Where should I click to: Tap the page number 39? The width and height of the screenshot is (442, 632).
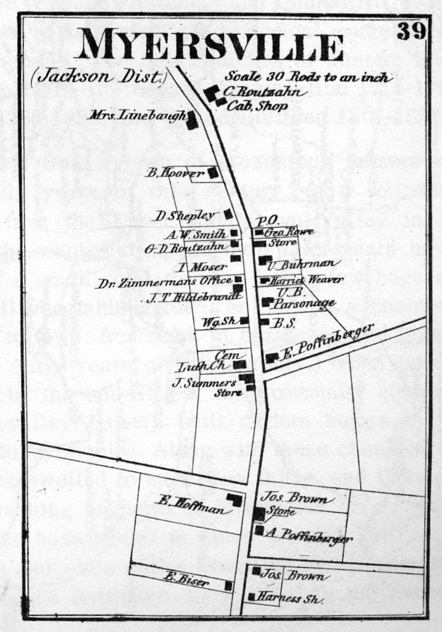(411, 31)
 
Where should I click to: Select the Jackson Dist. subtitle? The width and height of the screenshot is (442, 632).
(98, 77)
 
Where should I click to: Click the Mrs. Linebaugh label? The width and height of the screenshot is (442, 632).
(136, 115)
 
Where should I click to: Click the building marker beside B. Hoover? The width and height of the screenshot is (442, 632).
(213, 173)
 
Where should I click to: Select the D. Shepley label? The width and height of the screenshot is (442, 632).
(185, 215)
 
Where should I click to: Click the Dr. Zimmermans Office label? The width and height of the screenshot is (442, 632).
(164, 284)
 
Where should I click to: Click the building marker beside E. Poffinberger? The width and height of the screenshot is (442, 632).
(270, 357)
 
